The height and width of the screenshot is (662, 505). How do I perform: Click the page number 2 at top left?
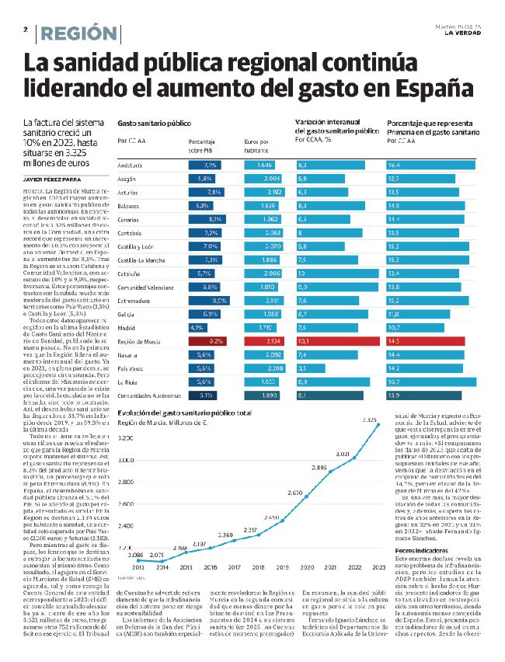point(26,29)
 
